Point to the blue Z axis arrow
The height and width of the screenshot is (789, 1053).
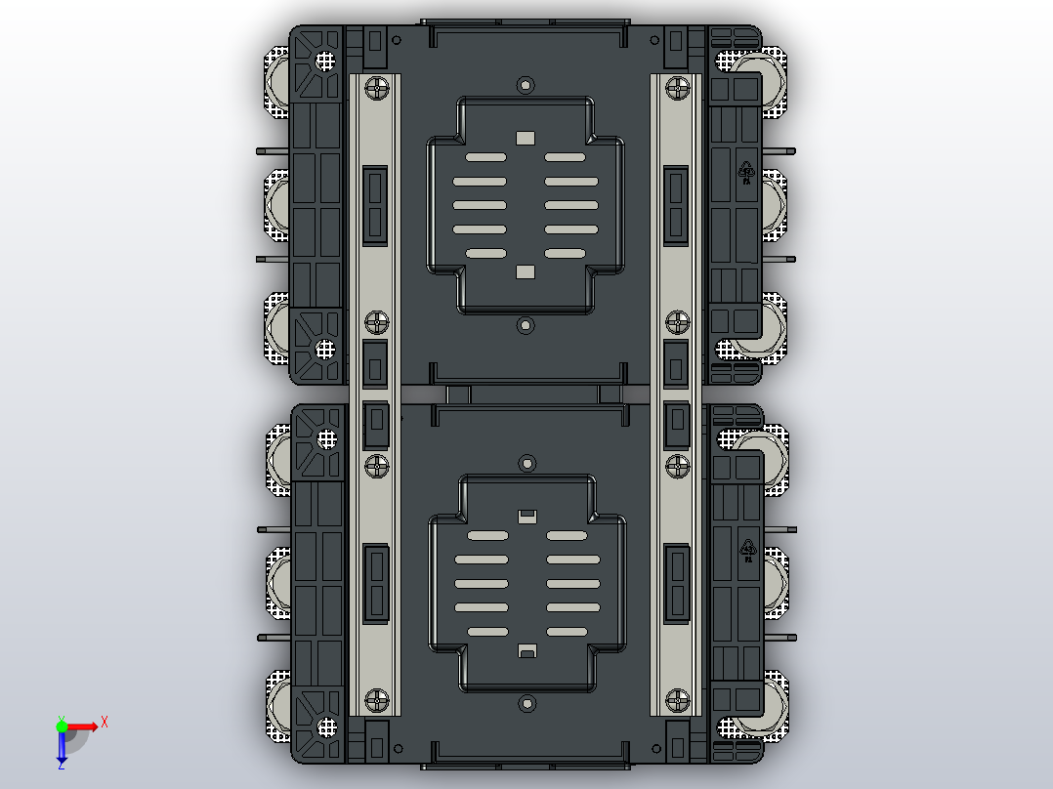pos(62,751)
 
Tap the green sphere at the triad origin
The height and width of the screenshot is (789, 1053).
pos(62,726)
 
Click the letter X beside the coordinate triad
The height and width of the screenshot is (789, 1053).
pos(105,722)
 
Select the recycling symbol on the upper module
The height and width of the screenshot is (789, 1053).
pos(746,171)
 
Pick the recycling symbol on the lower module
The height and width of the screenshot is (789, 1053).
pos(747,549)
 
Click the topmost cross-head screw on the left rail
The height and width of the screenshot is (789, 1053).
pos(376,89)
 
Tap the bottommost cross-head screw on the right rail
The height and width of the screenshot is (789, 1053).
pos(677,699)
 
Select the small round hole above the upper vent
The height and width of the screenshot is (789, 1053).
pos(526,85)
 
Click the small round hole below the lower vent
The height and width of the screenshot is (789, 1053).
pos(527,702)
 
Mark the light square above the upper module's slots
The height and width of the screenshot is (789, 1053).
pos(526,138)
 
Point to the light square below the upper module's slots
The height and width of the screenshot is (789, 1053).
pos(526,271)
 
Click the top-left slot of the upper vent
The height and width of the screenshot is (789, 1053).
pos(485,156)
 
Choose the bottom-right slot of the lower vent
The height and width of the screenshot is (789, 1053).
pos(566,632)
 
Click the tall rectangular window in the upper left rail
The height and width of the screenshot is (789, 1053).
pos(375,205)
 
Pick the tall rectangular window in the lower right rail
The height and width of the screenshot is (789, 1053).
pos(677,584)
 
